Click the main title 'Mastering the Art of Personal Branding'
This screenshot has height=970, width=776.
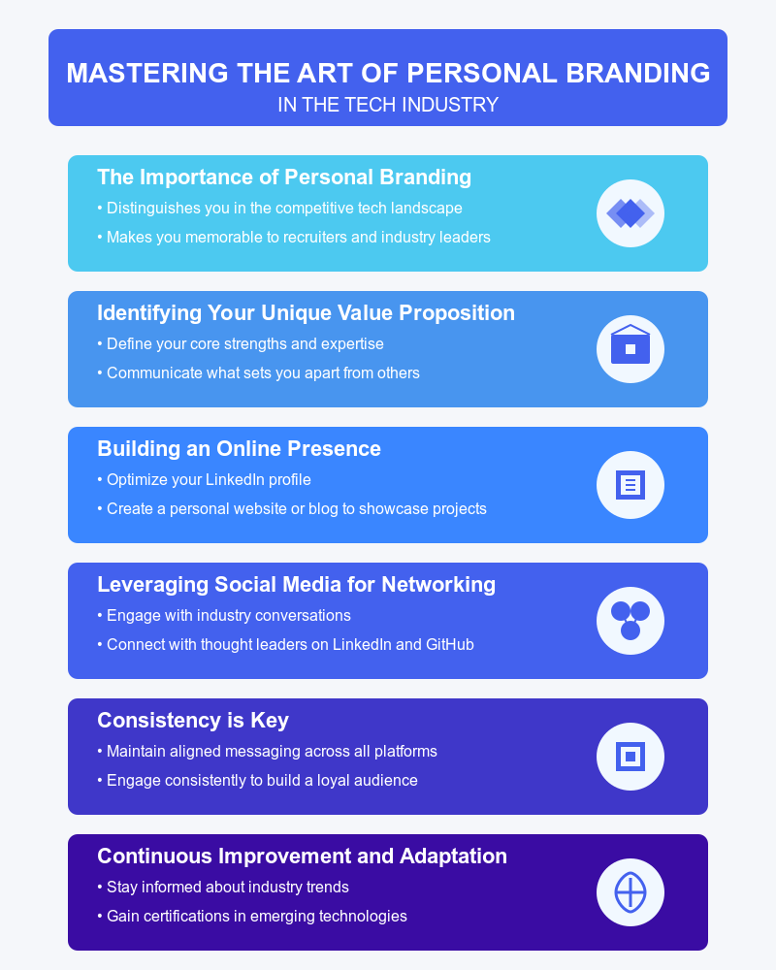click(388, 74)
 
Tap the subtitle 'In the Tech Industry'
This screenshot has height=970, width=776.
click(388, 105)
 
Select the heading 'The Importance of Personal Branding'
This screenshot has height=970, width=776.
click(284, 178)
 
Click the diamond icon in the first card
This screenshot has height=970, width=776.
click(630, 213)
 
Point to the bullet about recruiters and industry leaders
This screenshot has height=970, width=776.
click(298, 237)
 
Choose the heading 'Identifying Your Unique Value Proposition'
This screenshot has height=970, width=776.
click(306, 313)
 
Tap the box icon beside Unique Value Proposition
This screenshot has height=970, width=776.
click(630, 348)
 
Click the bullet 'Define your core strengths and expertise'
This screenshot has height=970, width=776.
click(244, 343)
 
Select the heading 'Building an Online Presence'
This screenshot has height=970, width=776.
click(239, 449)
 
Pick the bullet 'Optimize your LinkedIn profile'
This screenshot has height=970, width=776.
click(208, 479)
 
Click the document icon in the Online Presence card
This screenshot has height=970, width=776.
click(630, 484)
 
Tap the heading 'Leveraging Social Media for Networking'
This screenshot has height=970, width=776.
click(296, 585)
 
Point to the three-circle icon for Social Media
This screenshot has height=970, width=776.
click(630, 620)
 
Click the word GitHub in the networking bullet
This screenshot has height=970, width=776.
click(450, 644)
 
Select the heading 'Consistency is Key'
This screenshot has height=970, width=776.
click(193, 721)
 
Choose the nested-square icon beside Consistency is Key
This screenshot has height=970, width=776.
click(630, 756)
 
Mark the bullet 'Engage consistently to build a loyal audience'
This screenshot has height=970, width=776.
click(262, 780)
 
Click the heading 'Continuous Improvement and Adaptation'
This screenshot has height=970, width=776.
click(302, 857)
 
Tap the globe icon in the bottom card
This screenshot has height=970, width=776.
click(630, 891)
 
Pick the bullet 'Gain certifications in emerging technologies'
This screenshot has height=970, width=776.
click(256, 916)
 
